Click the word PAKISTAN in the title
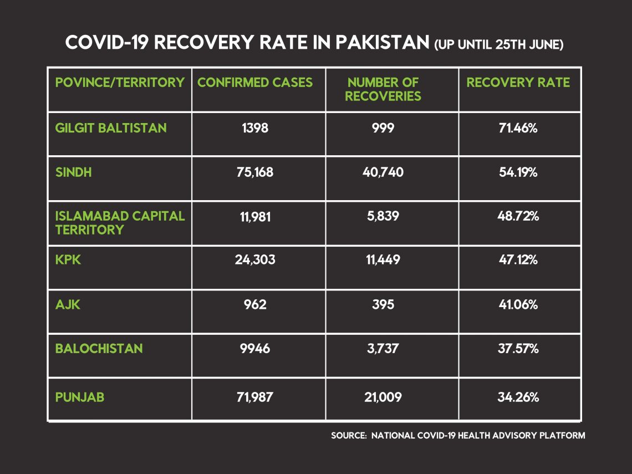pos(383,42)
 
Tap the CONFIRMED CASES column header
pos(254,82)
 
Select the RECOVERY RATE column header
pos(518,82)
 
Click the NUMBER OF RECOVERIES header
pos(383,89)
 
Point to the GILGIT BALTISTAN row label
pos(111,128)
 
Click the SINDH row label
pos(73,172)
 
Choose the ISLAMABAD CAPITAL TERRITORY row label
pos(120,222)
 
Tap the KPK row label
pos(68,259)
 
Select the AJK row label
pos(68,304)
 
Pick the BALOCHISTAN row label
pos(99,348)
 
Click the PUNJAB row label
pos(80,397)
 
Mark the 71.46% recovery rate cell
pos(518,128)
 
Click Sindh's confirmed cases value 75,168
pos(254,172)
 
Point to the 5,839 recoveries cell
pos(383,216)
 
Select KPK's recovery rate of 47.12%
pos(518,259)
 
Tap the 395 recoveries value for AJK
pos(383,304)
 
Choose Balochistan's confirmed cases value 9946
pos(254,348)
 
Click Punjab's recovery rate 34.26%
pos(518,397)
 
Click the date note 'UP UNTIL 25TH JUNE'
pos(498,44)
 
